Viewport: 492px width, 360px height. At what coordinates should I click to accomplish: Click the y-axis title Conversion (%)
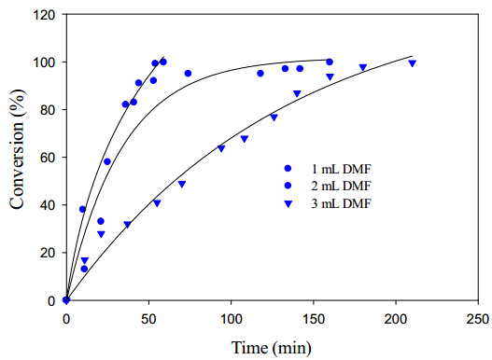pyautogui.click(x=17, y=149)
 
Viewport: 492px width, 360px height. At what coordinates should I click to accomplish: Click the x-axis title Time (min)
pyautogui.click(x=272, y=348)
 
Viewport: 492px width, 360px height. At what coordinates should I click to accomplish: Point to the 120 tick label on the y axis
pyautogui.click(x=44, y=15)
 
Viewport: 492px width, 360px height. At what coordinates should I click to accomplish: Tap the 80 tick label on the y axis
pyautogui.click(x=48, y=110)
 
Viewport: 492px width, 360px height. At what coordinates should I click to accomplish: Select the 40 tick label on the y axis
pyautogui.click(x=48, y=205)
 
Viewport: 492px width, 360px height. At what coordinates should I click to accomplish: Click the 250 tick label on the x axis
pyautogui.click(x=478, y=319)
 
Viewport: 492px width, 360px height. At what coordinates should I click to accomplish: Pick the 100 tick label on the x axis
pyautogui.click(x=231, y=319)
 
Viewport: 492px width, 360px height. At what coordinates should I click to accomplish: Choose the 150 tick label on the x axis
pyautogui.click(x=314, y=319)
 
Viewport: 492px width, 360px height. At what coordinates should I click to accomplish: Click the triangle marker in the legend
pyautogui.click(x=288, y=204)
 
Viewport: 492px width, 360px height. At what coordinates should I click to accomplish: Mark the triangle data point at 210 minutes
pyautogui.click(x=413, y=63)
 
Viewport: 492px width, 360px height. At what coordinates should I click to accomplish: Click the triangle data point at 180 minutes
pyautogui.click(x=363, y=67)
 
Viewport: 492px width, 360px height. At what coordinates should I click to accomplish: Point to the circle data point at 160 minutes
pyautogui.click(x=330, y=62)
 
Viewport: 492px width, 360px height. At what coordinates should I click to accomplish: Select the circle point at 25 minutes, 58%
pyautogui.click(x=107, y=161)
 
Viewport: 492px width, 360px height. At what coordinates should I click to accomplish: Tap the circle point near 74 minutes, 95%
pyautogui.click(x=188, y=74)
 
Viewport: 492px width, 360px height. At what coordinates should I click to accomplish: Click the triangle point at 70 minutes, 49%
pyautogui.click(x=182, y=184)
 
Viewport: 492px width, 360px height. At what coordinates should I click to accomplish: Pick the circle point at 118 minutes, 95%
pyautogui.click(x=260, y=74)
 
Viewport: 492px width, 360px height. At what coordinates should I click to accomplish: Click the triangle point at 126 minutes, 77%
pyautogui.click(x=274, y=118)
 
